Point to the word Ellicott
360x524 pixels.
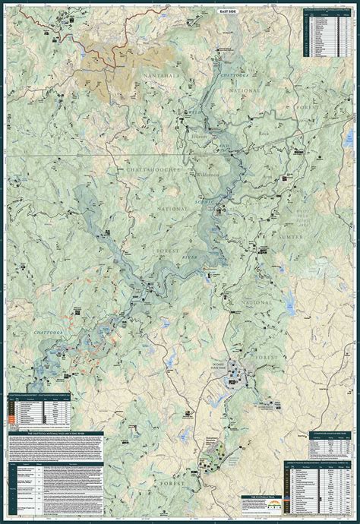tap(199, 135)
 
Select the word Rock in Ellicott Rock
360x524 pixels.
tap(264, 135)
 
